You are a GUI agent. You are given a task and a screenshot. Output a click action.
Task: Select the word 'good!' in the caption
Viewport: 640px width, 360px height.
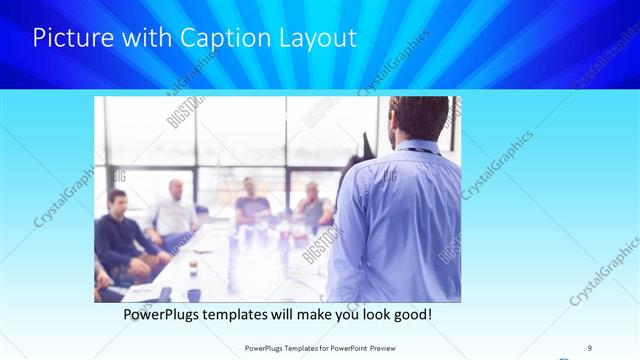[x=411, y=314]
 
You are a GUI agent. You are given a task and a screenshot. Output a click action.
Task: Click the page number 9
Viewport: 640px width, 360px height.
[x=590, y=347]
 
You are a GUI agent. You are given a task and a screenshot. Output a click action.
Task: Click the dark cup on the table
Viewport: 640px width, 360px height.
[x=193, y=294]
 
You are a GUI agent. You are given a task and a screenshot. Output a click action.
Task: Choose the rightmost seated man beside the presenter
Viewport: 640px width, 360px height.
[x=313, y=205]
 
